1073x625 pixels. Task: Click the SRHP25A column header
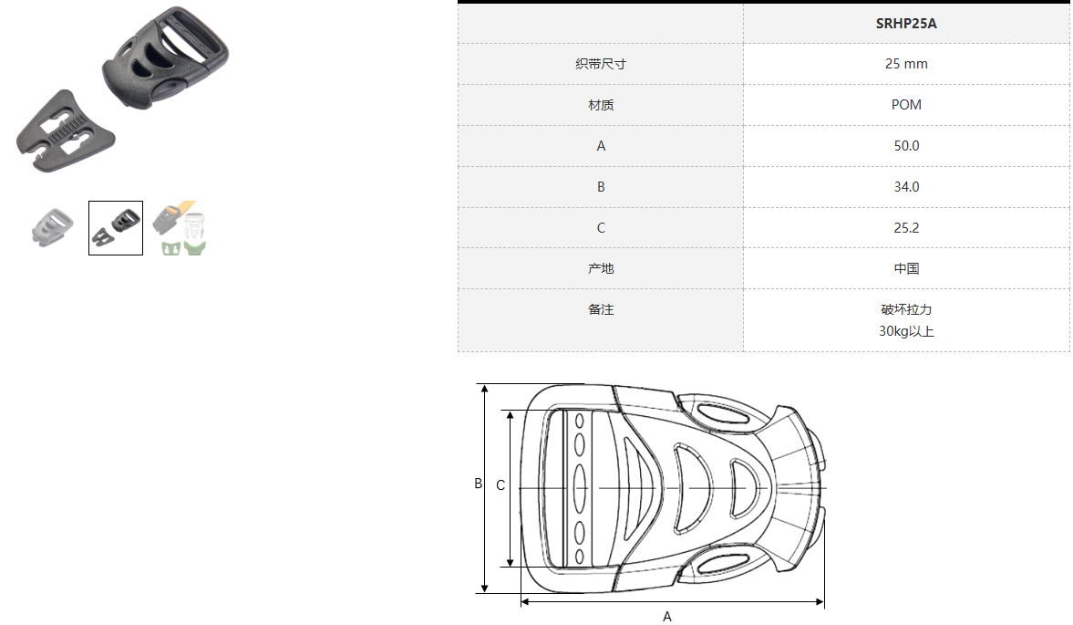[906, 24]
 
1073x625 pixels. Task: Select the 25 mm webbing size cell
[906, 64]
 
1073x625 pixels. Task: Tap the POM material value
[906, 105]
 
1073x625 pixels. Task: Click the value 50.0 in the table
[906, 146]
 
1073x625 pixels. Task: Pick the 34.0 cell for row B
[906, 187]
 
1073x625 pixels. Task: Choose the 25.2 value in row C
[906, 228]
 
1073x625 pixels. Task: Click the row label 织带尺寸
[601, 64]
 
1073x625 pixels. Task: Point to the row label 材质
[601, 105]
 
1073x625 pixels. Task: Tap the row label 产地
[601, 268]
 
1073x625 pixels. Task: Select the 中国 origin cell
[906, 268]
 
